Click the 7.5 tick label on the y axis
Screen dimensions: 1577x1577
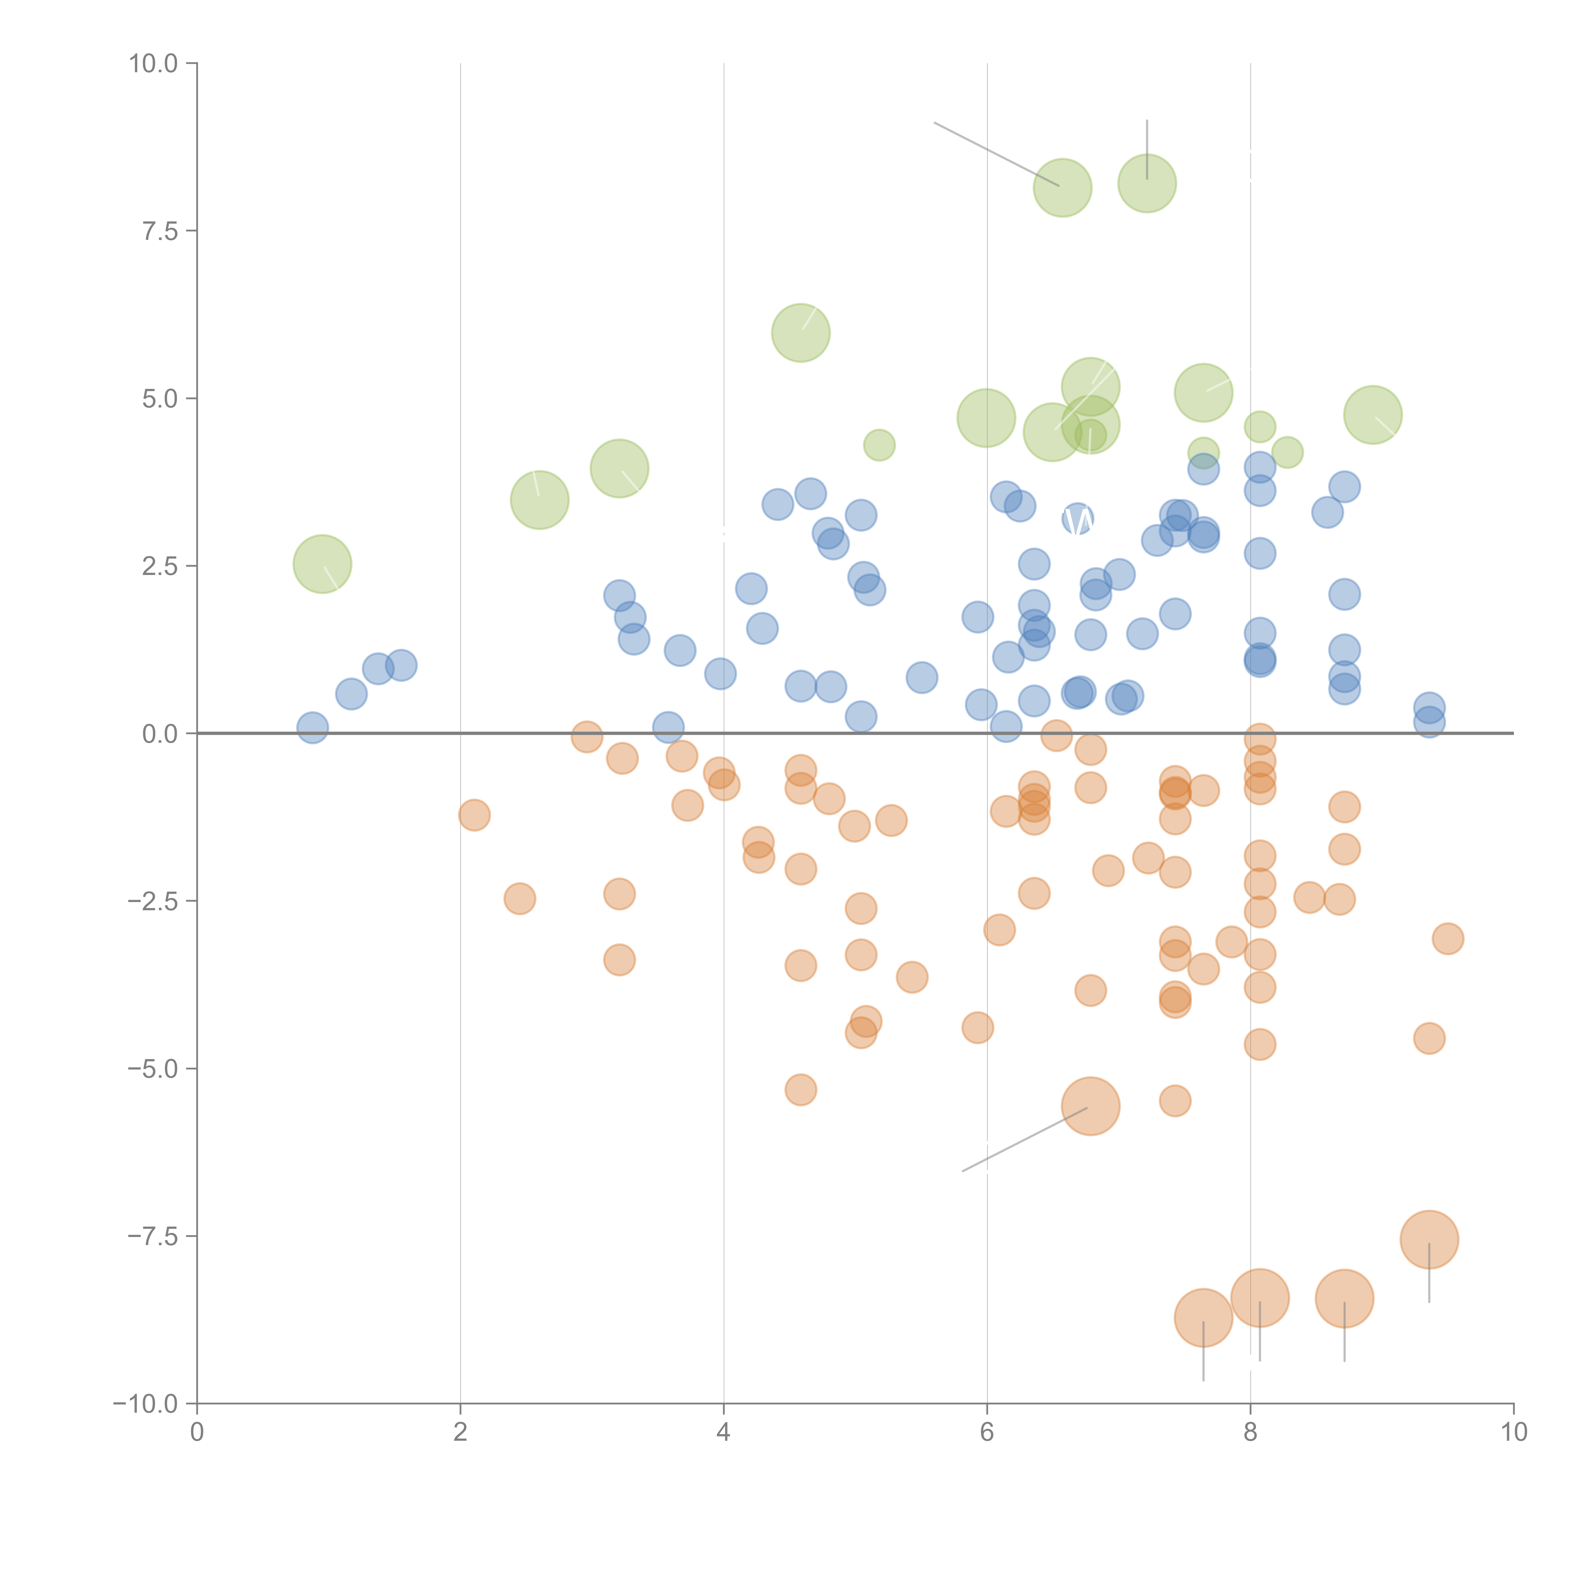pyautogui.click(x=160, y=231)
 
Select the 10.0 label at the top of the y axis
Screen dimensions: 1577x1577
pyautogui.click(x=154, y=64)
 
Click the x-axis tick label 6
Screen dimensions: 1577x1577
pyautogui.click(x=987, y=1433)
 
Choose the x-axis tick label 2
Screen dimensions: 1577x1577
pyautogui.click(x=460, y=1433)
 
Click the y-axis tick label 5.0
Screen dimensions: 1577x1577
pyautogui.click(x=160, y=398)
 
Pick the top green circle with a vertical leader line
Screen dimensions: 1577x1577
pyautogui.click(x=1147, y=183)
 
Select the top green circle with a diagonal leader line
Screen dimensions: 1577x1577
pyautogui.click(x=1062, y=188)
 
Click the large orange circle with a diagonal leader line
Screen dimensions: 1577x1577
pyautogui.click(x=1091, y=1106)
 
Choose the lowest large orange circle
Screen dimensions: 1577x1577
pyautogui.click(x=1203, y=1317)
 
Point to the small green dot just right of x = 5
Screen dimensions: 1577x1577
pyautogui.click(x=879, y=445)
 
